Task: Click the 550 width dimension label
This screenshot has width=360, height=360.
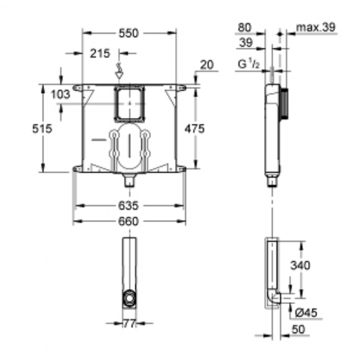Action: [x=129, y=33]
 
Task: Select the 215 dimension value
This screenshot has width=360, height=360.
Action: [x=99, y=54]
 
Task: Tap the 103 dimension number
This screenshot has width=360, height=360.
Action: [x=60, y=94]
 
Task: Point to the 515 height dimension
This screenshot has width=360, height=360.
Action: [x=42, y=129]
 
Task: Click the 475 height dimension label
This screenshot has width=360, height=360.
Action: [x=194, y=129]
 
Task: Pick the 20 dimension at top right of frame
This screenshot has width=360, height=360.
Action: [x=207, y=65]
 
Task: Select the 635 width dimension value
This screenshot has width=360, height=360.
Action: [x=129, y=206]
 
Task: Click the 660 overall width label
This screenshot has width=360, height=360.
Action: [x=129, y=221]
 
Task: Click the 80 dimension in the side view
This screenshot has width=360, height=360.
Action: [x=244, y=27]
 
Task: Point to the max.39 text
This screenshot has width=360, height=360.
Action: [x=316, y=27]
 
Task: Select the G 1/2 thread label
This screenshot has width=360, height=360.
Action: [x=248, y=65]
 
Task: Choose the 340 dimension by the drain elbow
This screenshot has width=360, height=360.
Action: [x=299, y=265]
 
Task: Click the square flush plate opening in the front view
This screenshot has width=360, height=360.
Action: [x=130, y=103]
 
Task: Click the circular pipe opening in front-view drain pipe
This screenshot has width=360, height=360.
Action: [x=130, y=297]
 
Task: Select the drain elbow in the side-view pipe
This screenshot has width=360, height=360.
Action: [x=274, y=297]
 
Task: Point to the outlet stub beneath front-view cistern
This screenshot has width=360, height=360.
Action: [x=130, y=181]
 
